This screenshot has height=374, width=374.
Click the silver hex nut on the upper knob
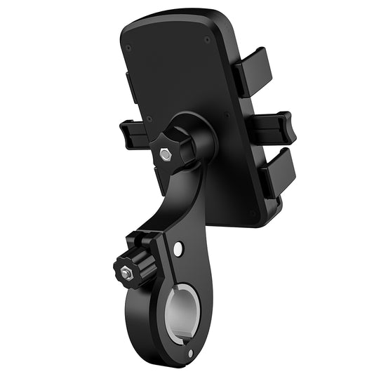point(167,155)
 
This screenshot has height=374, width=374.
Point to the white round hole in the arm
point(180,248)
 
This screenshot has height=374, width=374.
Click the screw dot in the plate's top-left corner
point(128,48)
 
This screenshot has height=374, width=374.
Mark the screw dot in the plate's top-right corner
point(207,40)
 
